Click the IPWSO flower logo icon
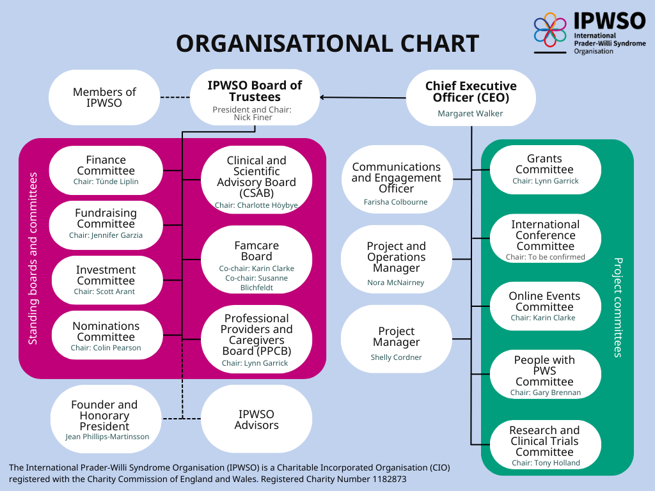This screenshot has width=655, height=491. point(551,29)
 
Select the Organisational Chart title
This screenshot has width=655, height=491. point(327,43)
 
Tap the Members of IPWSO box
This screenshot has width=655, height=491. point(104,97)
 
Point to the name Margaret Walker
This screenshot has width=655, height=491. point(470,114)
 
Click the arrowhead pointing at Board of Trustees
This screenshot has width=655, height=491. point(322,97)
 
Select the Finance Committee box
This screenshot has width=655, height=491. point(106,170)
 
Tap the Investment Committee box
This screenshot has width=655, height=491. point(106,280)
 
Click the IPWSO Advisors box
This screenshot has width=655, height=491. point(256,419)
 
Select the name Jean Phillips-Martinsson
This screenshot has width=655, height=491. point(107,437)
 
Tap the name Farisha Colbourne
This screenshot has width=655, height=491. point(396,202)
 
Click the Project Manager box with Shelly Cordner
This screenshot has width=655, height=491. point(397,342)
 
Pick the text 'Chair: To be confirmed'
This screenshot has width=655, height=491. point(546,257)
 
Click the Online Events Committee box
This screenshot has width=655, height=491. point(545,306)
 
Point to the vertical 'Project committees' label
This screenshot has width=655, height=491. point(618,307)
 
